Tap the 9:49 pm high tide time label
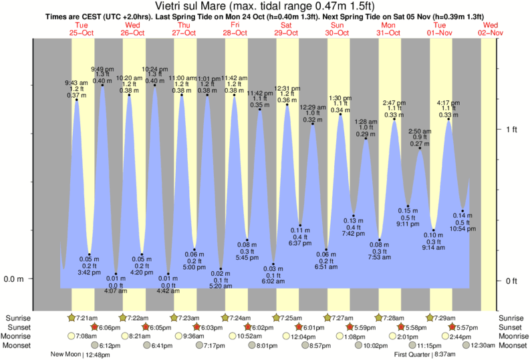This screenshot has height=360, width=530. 102,69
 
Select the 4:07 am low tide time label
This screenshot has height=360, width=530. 116,291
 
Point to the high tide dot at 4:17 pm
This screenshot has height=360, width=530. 448,121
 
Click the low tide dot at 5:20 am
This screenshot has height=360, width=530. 221,268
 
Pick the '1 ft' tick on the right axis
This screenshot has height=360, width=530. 511,129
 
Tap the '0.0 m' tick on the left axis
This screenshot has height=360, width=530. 14,279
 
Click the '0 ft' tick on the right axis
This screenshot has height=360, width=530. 511,281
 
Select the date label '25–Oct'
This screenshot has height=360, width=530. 82,33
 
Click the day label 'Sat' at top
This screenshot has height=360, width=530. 286,25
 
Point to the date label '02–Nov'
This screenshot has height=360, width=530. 491,33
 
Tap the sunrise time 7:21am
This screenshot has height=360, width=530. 88,318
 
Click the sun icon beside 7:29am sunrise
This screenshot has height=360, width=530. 430,317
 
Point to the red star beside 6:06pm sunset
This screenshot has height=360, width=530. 95,327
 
